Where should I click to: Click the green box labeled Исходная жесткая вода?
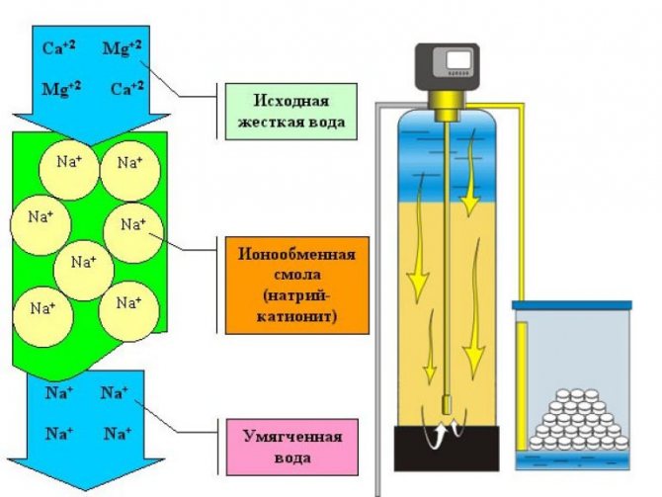pos(291,112)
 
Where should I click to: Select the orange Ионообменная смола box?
pos(297,286)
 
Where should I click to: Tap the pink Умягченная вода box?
pos(292,448)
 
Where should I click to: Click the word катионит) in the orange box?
pos(296,316)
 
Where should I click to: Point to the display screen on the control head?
pos(459,60)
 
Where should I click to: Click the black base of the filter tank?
pos(447,448)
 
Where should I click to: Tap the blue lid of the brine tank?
pos(572,305)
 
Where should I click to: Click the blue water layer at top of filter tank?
pos(447,157)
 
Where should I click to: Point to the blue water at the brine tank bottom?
pos(572,460)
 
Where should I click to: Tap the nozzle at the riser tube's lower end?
pos(447,405)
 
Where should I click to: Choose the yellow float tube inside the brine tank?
pos(522,386)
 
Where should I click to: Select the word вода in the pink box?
pos(292,458)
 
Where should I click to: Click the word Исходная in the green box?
pos(291,101)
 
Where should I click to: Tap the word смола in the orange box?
pos(297,275)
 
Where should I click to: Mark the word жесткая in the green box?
pos(270,123)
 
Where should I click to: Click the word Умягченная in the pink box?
pos(292,436)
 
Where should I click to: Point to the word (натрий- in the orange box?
pos(297,295)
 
